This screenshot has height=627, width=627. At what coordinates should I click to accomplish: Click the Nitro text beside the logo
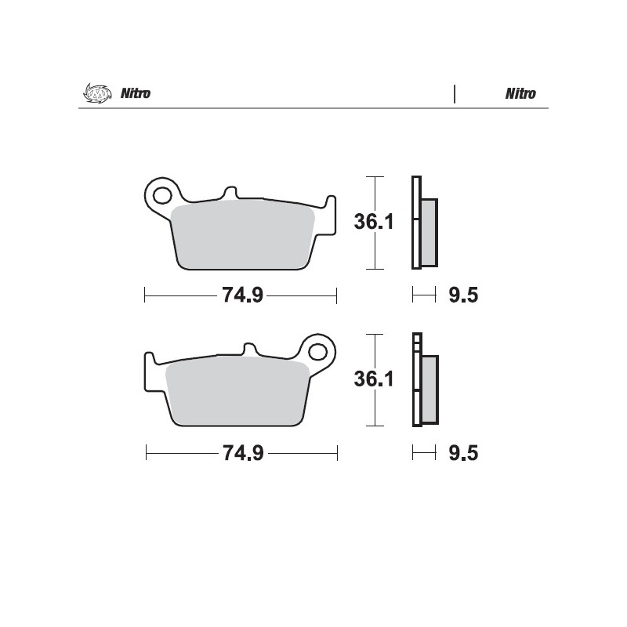[135, 94]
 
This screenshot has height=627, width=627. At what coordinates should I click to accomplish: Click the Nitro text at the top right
[520, 94]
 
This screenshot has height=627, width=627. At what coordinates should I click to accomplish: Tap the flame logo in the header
[93, 93]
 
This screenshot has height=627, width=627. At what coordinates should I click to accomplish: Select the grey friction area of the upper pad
[243, 235]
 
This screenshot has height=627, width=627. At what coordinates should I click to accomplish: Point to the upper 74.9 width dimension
[241, 295]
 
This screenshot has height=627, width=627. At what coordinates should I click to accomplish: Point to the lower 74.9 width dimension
[241, 453]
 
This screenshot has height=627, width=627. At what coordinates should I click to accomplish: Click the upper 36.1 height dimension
[372, 223]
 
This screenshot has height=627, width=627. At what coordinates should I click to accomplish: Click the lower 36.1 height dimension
[372, 380]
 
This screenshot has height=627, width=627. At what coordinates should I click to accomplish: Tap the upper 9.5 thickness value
[463, 295]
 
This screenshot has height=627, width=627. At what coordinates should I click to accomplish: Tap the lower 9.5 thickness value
[463, 453]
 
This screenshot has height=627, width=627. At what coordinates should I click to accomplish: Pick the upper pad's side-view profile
[424, 223]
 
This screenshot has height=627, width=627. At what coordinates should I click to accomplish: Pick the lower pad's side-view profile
[424, 381]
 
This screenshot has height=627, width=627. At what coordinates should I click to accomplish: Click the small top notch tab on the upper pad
[230, 192]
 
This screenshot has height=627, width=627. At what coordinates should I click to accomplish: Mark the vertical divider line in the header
[455, 94]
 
